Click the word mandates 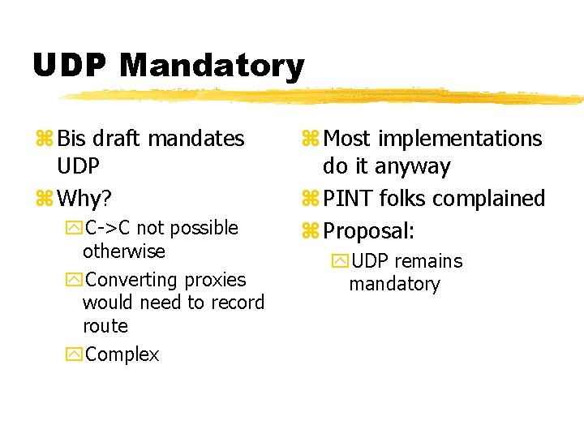click(x=197, y=139)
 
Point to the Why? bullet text click(x=86, y=198)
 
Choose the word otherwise click(x=123, y=251)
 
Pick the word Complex click(x=122, y=354)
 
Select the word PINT click(x=347, y=198)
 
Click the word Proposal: click(x=368, y=231)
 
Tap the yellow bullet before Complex click(x=76, y=354)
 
